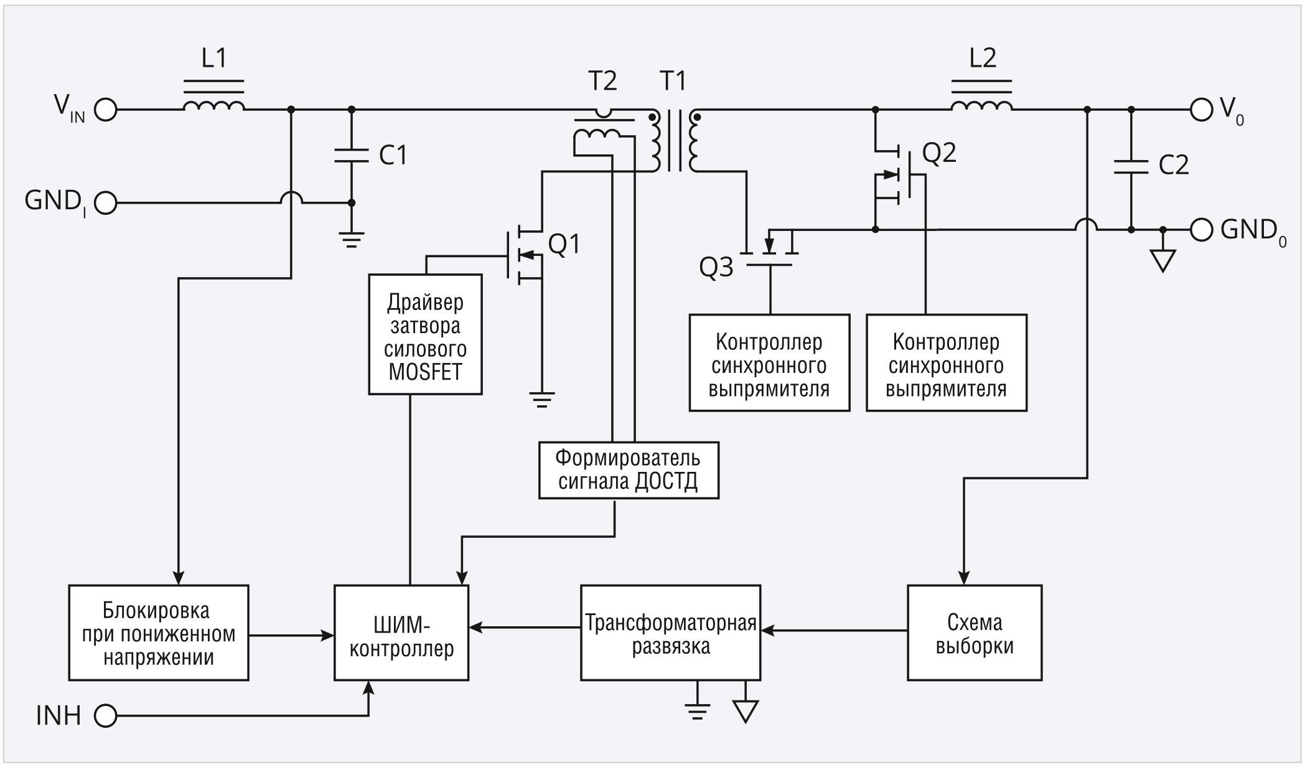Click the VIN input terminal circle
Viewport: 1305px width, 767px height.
[x=106, y=110]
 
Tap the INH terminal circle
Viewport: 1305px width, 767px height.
[x=106, y=716]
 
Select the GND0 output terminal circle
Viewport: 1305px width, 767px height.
[x=1201, y=230]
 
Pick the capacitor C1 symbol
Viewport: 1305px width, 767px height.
[x=351, y=156]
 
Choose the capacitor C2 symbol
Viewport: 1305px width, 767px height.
[x=1131, y=166]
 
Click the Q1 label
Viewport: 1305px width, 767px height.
[x=564, y=245]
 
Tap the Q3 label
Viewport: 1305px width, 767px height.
[x=716, y=268]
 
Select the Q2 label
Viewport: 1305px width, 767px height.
[x=939, y=153]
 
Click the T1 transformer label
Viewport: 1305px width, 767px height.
[x=673, y=81]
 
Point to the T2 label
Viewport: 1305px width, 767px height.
[x=602, y=81]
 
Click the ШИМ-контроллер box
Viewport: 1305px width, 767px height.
[x=401, y=633]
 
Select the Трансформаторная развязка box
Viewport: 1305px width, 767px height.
[x=670, y=633]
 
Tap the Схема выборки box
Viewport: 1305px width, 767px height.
[x=975, y=633]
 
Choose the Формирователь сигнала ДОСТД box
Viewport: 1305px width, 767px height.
[x=629, y=471]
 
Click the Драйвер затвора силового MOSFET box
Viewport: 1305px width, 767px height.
[x=425, y=335]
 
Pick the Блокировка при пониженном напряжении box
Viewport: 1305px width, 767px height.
[x=159, y=633]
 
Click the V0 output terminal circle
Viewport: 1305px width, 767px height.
[x=1201, y=110]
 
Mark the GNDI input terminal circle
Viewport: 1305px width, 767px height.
[x=106, y=203]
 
